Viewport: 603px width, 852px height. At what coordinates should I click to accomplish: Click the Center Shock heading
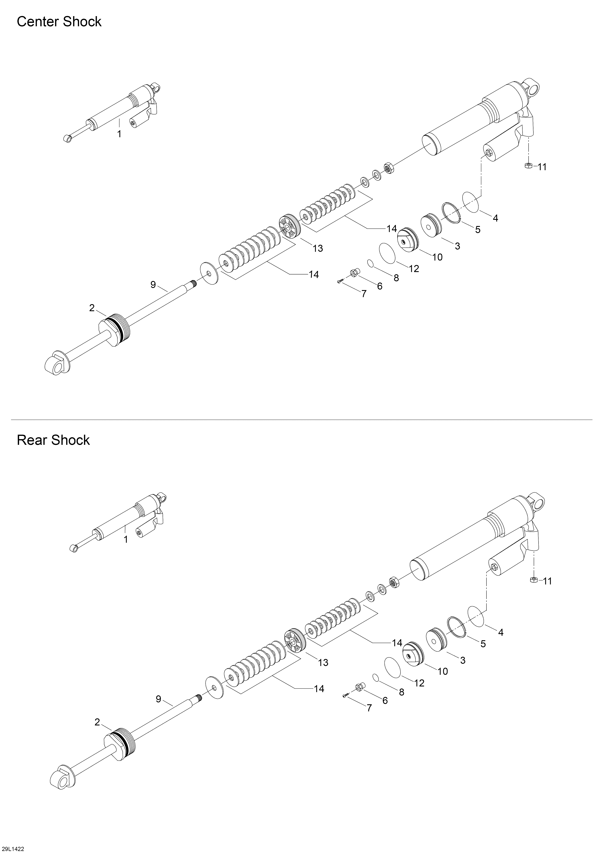pyautogui.click(x=59, y=22)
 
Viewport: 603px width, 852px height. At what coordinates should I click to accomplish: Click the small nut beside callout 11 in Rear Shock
pyautogui.click(x=534, y=580)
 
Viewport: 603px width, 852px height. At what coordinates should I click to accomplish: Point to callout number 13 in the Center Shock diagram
pyautogui.click(x=318, y=248)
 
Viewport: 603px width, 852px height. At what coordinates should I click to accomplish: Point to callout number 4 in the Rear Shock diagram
pyautogui.click(x=501, y=632)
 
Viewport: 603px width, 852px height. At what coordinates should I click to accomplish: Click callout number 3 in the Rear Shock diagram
pyautogui.click(x=463, y=660)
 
